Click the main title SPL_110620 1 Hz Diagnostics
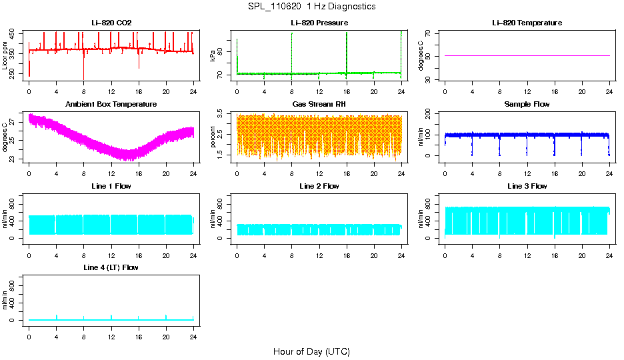point(311,6)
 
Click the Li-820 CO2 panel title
point(111,23)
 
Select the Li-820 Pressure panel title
point(319,23)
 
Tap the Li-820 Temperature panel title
point(527,23)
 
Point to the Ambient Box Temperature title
point(111,104)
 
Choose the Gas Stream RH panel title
point(319,104)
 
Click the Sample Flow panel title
point(527,104)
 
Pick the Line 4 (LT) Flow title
point(111,267)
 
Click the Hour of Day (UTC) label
point(311,351)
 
